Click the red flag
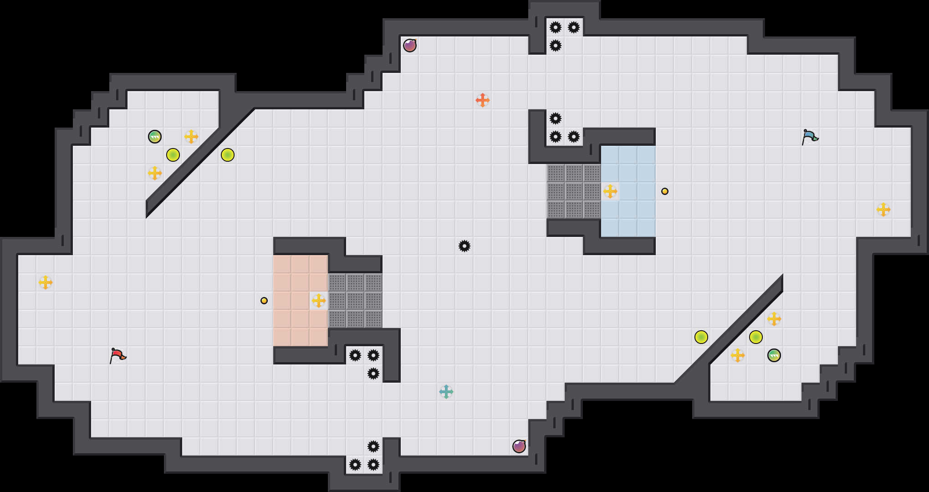pyautogui.click(x=117, y=355)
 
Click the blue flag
pyautogui.click(x=810, y=136)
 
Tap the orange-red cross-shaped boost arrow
pyautogui.click(x=483, y=100)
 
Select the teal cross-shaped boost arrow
pyautogui.click(x=446, y=392)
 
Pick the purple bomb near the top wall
pyautogui.click(x=410, y=46)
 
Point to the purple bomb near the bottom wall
pyautogui.click(x=519, y=446)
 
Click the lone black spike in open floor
pyautogui.click(x=464, y=246)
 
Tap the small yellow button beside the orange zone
pyautogui.click(x=264, y=301)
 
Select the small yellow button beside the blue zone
pyautogui.click(x=665, y=191)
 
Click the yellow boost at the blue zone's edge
pyautogui.click(x=610, y=191)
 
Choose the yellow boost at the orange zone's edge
pyautogui.click(x=319, y=301)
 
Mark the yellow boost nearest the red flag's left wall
pyautogui.click(x=46, y=282)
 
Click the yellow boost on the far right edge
pyautogui.click(x=883, y=210)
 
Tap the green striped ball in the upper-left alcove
pyautogui.click(x=155, y=137)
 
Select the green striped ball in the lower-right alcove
pyautogui.click(x=774, y=355)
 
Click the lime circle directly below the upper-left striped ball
pyautogui.click(x=173, y=155)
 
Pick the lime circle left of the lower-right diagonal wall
pyautogui.click(x=701, y=337)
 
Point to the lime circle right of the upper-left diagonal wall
pyautogui.click(x=228, y=155)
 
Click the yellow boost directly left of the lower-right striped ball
pyautogui.click(x=738, y=355)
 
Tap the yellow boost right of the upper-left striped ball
pyautogui.click(x=191, y=137)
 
